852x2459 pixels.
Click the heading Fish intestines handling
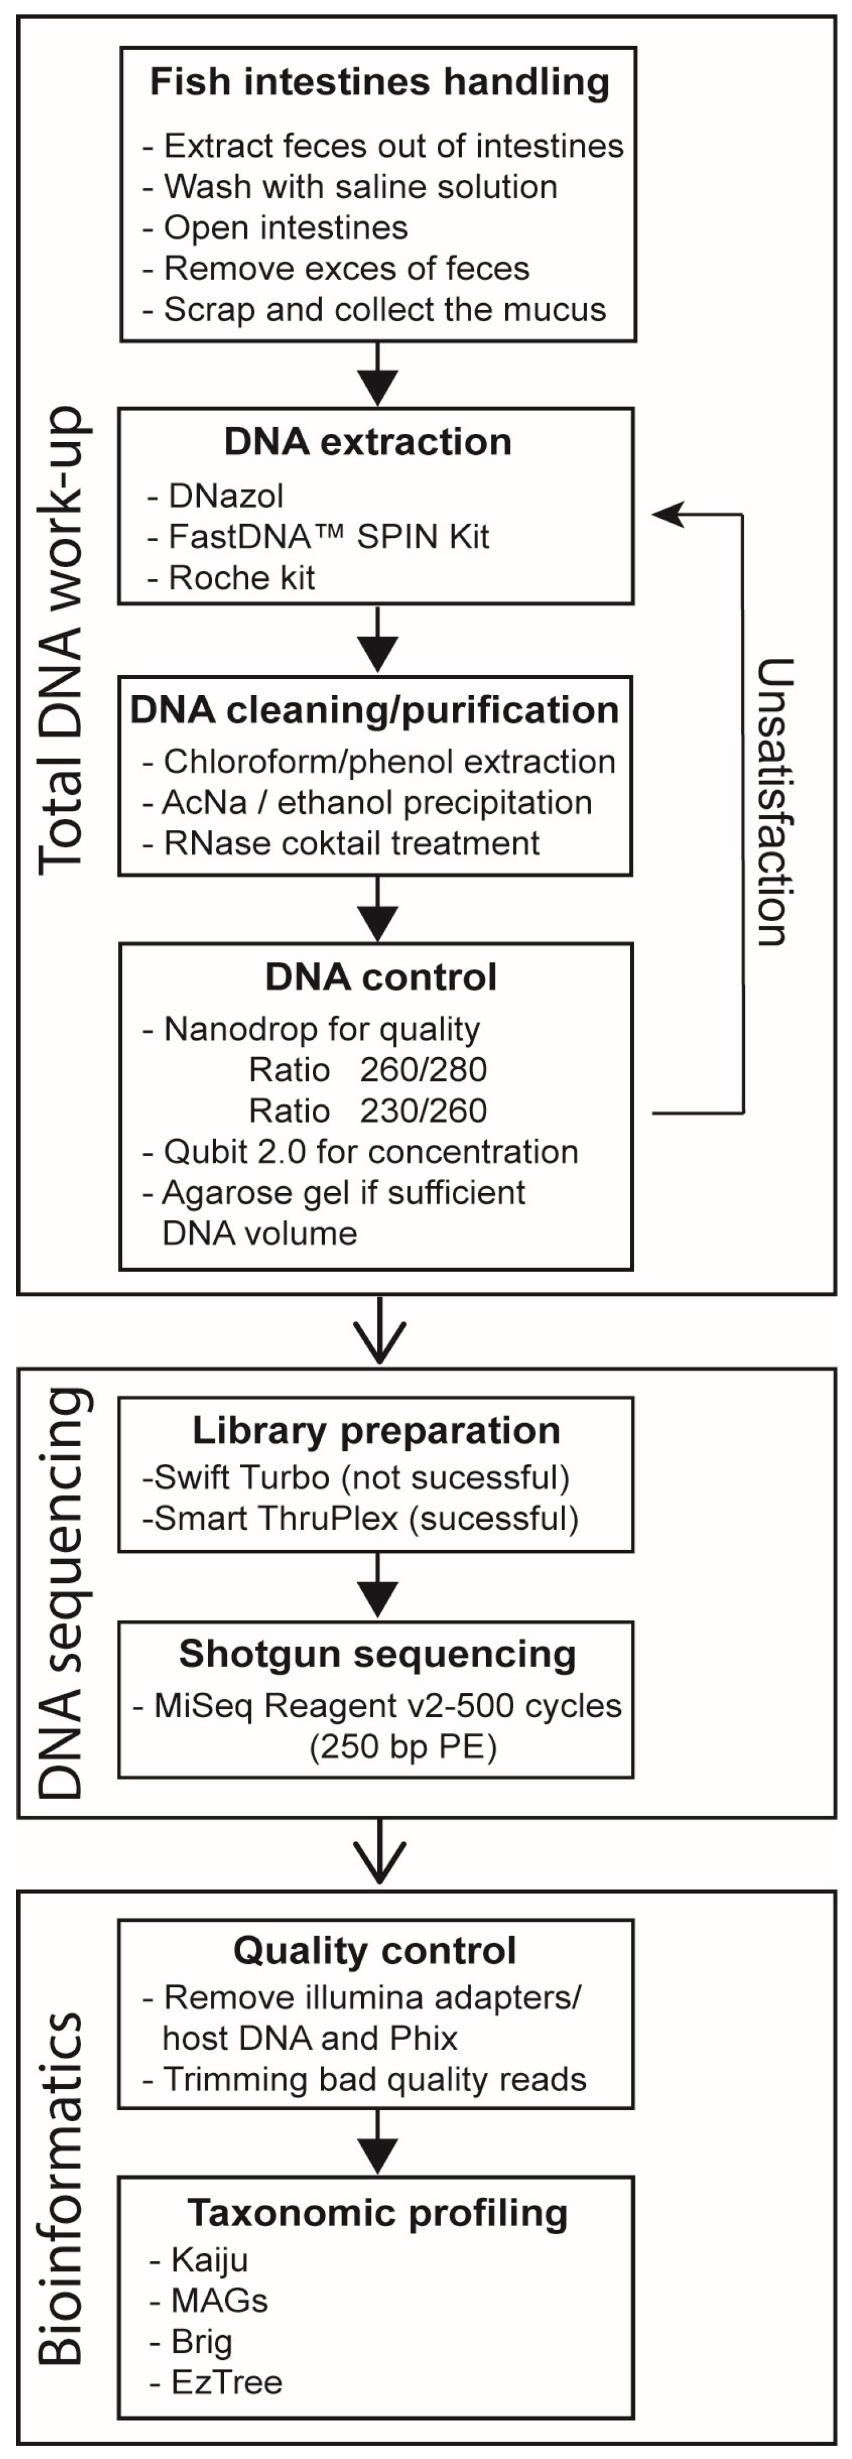point(380,82)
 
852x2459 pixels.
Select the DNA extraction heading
point(368,442)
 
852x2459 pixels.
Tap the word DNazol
point(226,495)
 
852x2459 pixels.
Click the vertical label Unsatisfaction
point(774,802)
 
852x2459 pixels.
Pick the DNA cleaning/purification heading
point(374,710)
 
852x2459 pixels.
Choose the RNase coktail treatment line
point(351,843)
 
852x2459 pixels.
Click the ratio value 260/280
point(423,1069)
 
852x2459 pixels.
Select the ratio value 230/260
point(423,1110)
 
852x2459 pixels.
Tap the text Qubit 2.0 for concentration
point(370,1151)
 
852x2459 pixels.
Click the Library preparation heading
point(376,1430)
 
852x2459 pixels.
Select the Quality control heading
point(375,1950)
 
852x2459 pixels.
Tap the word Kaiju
point(209,2260)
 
